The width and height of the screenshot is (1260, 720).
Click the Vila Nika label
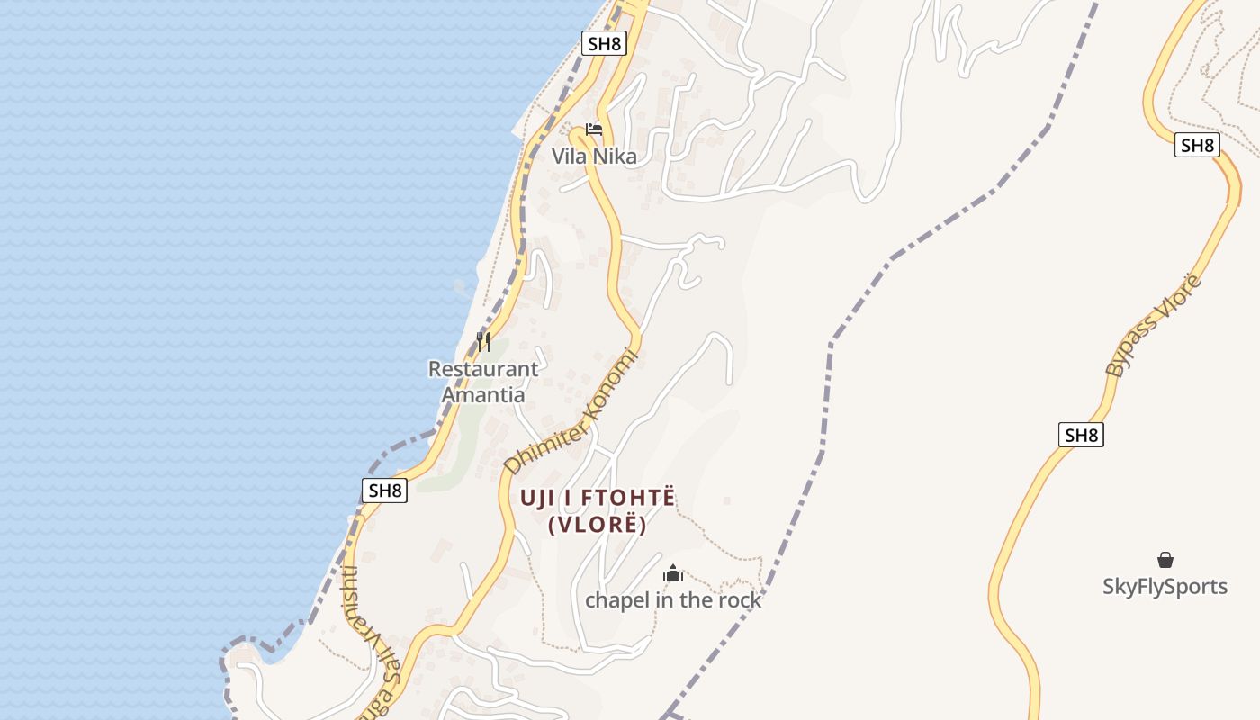click(594, 157)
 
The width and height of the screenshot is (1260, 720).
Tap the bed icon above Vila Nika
click(593, 130)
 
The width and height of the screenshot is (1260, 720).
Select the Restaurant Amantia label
click(483, 382)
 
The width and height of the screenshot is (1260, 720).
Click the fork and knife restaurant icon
click(483, 342)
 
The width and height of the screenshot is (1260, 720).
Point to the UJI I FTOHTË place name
click(598, 498)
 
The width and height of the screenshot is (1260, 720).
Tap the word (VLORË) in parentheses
click(598, 525)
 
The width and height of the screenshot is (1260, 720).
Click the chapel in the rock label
click(673, 600)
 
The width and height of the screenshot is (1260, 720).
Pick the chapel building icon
click(673, 573)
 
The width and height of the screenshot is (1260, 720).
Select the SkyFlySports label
click(1165, 587)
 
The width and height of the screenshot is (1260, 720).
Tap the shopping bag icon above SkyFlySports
click(1165, 560)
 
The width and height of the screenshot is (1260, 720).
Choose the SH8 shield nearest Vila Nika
click(603, 44)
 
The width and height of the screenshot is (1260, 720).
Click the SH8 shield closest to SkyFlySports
click(1080, 436)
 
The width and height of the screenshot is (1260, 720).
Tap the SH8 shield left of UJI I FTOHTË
click(385, 490)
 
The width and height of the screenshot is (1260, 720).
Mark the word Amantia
click(483, 395)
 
